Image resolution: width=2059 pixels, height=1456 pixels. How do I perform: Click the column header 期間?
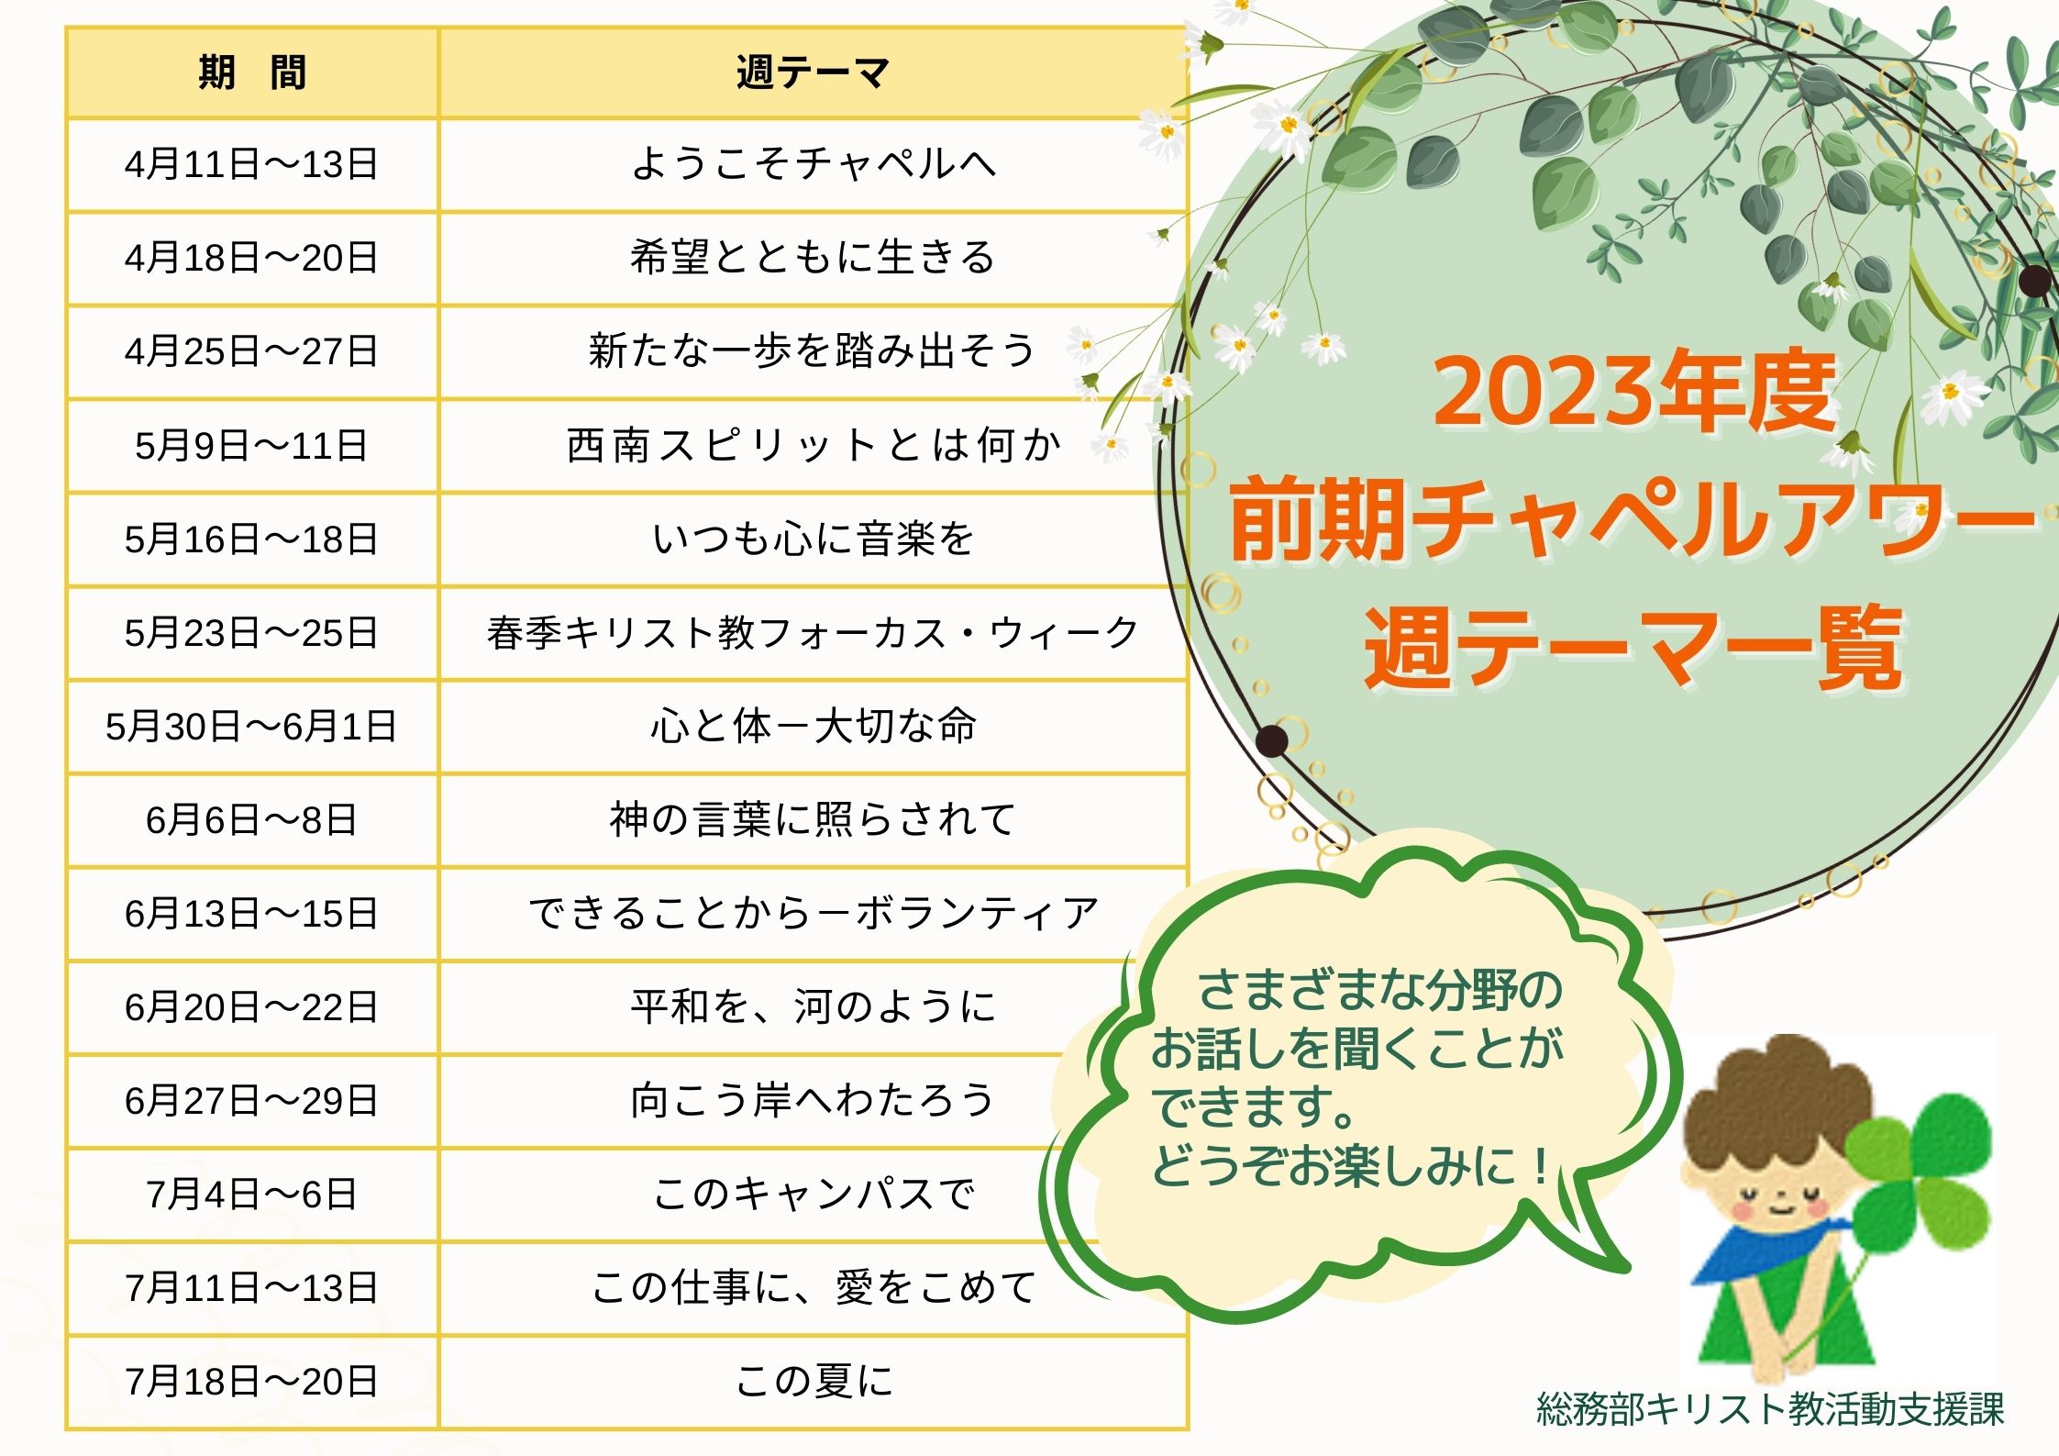251,72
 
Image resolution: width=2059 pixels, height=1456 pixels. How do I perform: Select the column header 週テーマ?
813,72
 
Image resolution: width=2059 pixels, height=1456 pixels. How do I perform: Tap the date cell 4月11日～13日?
251,165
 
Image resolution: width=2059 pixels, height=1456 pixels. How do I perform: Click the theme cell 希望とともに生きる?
813,258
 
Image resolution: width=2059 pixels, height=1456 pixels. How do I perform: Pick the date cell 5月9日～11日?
251,446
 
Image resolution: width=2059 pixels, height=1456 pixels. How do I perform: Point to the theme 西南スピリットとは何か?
813,446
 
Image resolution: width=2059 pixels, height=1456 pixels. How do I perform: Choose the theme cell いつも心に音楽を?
813,539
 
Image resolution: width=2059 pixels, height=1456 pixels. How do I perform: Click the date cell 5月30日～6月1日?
251,727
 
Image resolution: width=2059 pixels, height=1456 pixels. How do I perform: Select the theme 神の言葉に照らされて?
813,819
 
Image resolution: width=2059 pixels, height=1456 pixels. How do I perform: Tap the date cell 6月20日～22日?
251,1007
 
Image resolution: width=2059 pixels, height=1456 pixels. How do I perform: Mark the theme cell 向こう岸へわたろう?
813,1100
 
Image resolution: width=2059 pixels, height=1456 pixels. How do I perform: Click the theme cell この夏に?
813,1381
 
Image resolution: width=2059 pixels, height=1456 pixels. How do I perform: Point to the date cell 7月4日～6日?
251,1195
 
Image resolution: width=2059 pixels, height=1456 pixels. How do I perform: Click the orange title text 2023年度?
1634,393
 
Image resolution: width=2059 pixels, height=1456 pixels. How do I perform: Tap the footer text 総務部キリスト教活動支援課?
1770,1409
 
